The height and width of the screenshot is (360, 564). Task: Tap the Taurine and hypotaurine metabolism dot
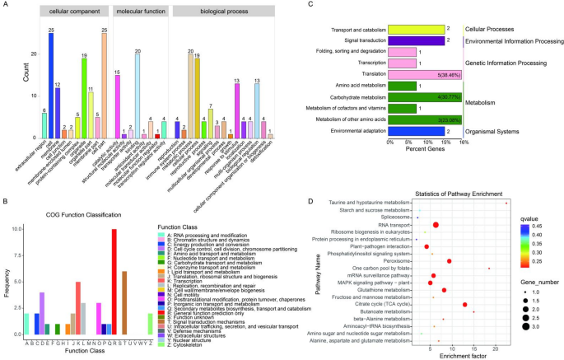click(506, 203)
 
